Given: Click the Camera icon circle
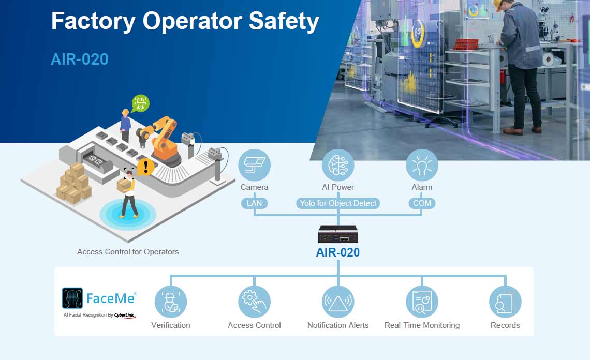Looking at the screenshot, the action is pyautogui.click(x=254, y=165).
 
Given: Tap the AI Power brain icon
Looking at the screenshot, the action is pyautogui.click(x=338, y=165).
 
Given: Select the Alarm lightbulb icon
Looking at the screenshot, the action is pyautogui.click(x=422, y=165).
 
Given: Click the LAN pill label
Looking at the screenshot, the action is pyautogui.click(x=254, y=203).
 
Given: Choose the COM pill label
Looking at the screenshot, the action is pyautogui.click(x=422, y=203).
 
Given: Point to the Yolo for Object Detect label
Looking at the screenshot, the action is pyautogui.click(x=338, y=203).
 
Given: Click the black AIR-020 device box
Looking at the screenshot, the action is pyautogui.click(x=338, y=234).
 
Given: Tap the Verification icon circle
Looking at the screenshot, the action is pyautogui.click(x=170, y=302).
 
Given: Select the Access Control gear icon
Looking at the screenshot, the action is pyautogui.click(x=254, y=302).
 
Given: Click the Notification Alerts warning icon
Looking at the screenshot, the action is pyautogui.click(x=338, y=302).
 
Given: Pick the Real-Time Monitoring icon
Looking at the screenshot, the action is pyautogui.click(x=422, y=302).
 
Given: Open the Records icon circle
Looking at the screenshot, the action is pyautogui.click(x=505, y=302).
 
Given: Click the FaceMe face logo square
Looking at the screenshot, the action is pyautogui.click(x=72, y=298).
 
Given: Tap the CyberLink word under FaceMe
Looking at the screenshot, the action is pyautogui.click(x=125, y=315).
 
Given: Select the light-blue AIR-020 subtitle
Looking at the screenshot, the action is pyautogui.click(x=80, y=59).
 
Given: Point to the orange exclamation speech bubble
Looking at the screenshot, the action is pyautogui.click(x=145, y=167).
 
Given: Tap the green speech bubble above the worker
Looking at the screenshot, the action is pyautogui.click(x=140, y=103).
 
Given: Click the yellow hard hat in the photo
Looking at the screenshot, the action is pyautogui.click(x=498, y=5).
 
